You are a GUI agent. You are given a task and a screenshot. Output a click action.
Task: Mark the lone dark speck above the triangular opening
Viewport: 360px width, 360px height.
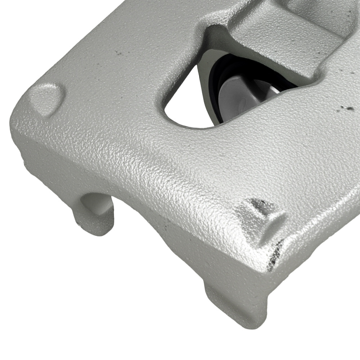point(117,53)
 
